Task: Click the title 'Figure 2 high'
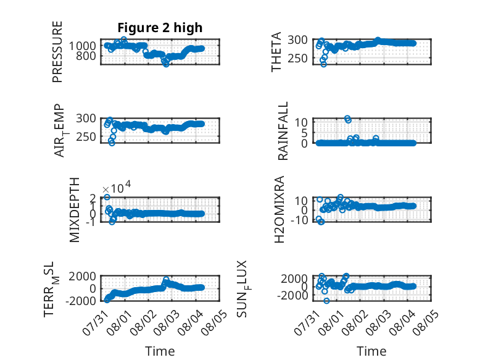tap(160, 28)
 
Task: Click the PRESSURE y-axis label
tap(57, 52)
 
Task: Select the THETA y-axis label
tap(276, 52)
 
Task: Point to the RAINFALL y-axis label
tap(283, 131)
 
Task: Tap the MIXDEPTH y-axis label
tap(75, 210)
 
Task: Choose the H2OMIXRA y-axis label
tap(279, 209)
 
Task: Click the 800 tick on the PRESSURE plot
tap(86, 56)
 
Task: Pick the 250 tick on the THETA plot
tap(297, 58)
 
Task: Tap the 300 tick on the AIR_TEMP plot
tap(86, 119)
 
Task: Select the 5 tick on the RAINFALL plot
tap(304, 133)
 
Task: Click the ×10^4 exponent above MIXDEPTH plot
tap(117, 187)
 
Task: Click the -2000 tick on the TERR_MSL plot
tap(80, 301)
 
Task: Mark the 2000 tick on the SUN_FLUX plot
tap(294, 279)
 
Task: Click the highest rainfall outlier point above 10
tap(347, 119)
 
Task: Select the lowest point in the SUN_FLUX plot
tap(326, 301)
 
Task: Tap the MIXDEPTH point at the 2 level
tap(107, 197)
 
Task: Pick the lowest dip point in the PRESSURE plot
tap(166, 64)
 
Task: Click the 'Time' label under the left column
tap(160, 351)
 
